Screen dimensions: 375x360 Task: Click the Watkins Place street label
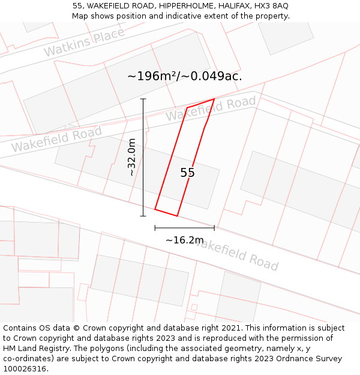pos(84,42)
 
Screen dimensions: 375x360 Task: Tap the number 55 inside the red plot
pos(187,173)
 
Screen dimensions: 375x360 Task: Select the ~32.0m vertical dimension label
pos(132,157)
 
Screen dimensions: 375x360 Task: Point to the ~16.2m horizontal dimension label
pos(185,240)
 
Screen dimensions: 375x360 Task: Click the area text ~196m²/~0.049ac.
pos(185,76)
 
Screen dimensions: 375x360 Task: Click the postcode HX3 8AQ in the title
pos(271,5)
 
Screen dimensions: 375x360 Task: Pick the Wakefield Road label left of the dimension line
pos(56,139)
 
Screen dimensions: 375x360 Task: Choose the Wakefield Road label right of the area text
pos(211,109)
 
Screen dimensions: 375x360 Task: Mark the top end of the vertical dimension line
pos(143,98)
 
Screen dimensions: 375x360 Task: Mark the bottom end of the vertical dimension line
pos(143,216)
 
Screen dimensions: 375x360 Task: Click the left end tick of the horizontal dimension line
pos(155,228)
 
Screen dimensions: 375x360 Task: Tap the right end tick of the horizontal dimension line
pos(214,228)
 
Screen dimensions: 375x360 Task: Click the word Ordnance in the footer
pos(285,359)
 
